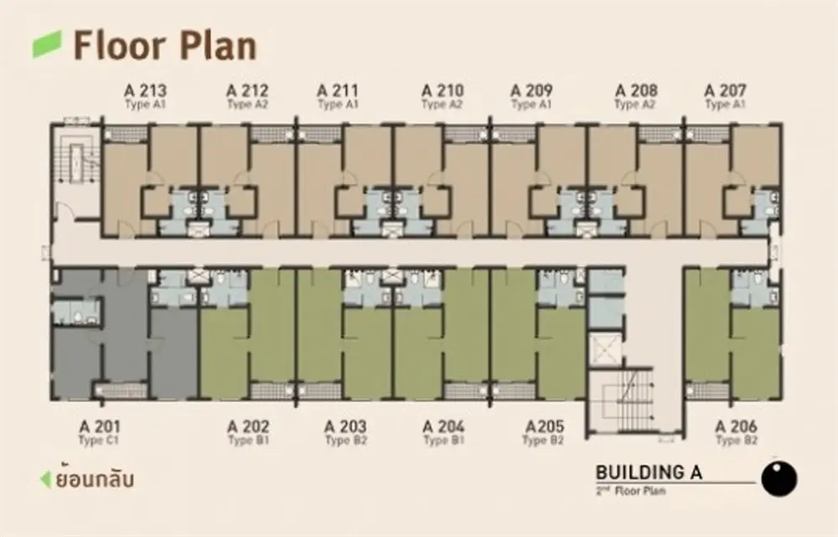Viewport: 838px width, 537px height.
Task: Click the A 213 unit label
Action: [x=145, y=91]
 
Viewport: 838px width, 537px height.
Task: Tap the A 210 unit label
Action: [x=442, y=91]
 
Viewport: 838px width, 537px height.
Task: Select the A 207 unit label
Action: [x=725, y=91]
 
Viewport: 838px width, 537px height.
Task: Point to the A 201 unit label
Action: [x=100, y=427]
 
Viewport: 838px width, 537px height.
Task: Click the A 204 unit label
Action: [x=443, y=427]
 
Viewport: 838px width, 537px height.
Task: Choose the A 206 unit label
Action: [x=737, y=427]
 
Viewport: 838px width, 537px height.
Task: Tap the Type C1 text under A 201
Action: [x=98, y=441]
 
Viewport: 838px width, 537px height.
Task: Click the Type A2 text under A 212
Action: [x=247, y=104]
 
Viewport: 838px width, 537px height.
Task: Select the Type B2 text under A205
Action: [x=543, y=441]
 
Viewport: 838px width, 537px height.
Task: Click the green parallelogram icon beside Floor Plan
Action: [x=47, y=44]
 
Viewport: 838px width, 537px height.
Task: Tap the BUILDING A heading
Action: [x=649, y=472]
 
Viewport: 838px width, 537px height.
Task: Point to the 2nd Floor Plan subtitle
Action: [x=631, y=491]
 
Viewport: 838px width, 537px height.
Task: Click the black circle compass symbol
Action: [x=779, y=478]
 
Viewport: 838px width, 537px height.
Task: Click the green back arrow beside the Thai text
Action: [x=46, y=479]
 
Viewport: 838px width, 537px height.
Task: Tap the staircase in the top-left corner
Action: [x=78, y=159]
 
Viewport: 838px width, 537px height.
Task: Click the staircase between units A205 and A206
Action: [x=628, y=401]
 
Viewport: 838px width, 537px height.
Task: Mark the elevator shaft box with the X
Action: [x=605, y=350]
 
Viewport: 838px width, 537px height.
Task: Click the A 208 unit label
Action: [x=636, y=91]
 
